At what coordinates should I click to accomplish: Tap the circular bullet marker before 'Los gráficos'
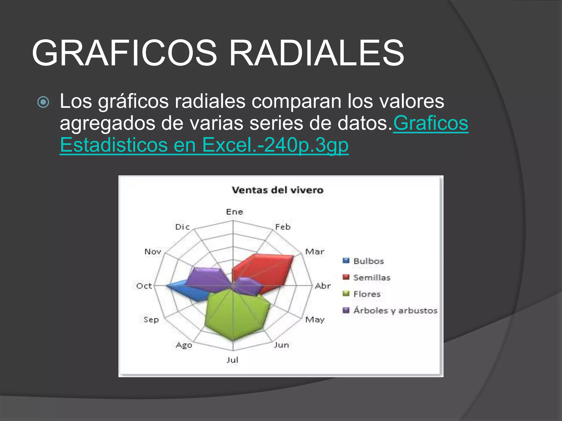43,102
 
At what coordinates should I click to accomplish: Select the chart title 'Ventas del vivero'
277,190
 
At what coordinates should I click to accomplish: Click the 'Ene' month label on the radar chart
234,212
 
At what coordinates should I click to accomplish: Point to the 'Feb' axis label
283,227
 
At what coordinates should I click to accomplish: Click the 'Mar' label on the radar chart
315,252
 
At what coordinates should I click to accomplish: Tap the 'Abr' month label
323,286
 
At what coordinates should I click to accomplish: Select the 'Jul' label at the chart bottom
232,360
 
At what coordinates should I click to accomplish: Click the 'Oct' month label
144,286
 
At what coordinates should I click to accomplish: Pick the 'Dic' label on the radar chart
182,227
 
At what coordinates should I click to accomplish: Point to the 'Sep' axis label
151,320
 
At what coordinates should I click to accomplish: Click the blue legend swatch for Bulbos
346,260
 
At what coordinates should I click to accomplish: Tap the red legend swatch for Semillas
346,277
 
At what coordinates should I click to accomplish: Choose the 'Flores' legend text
367,294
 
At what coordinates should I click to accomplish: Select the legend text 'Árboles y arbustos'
395,311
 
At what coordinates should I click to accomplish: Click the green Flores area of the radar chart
233,315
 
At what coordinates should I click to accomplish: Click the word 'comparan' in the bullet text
296,101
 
